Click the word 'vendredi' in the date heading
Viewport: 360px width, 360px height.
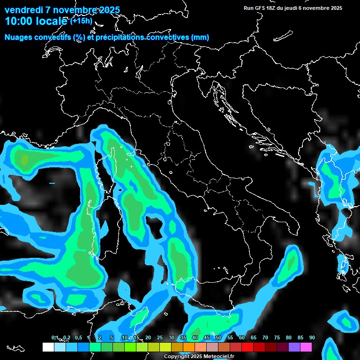(x=23, y=10)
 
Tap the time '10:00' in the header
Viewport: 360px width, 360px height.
(x=19, y=21)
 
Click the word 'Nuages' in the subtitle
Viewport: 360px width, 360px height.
(x=18, y=37)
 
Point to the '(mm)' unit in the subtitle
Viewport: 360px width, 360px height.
(x=200, y=37)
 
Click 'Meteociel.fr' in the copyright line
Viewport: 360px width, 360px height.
(x=218, y=357)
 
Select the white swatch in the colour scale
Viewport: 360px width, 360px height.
(x=48, y=347)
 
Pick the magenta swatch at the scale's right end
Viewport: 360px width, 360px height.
(x=306, y=347)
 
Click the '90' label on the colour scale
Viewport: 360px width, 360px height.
(x=312, y=338)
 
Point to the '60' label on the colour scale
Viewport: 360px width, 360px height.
(x=242, y=338)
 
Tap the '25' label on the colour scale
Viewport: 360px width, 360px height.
(x=160, y=338)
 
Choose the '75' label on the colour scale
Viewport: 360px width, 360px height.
(x=277, y=338)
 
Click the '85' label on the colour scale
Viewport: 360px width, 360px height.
(x=300, y=338)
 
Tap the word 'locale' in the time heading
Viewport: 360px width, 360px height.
(x=52, y=21)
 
